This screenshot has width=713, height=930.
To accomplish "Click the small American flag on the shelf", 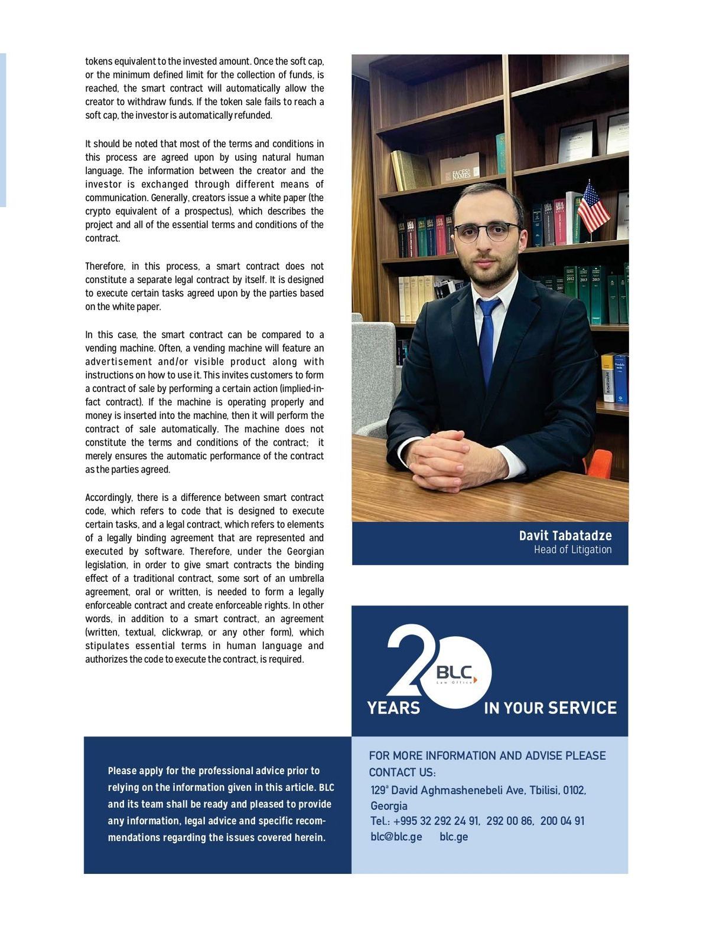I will pos(592,207).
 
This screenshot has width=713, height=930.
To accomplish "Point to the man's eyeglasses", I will pos(487,231).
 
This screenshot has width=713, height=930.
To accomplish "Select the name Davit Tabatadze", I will pos(565,535).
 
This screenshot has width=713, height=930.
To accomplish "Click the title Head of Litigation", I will pos(572,549).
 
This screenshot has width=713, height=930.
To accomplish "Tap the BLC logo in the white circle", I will pos(455,673).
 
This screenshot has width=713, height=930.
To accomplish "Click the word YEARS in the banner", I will pos(393,708).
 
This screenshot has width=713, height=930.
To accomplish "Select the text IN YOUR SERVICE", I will pos(550,708).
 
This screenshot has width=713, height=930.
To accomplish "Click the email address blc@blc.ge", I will pos(396,837).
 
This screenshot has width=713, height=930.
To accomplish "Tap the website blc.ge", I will pos(454,837).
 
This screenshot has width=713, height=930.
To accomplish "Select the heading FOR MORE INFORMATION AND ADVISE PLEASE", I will pos(487,755).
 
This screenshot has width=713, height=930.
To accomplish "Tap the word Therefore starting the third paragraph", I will pos(105,266).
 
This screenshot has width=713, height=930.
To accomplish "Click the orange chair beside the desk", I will pos(600,463).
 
